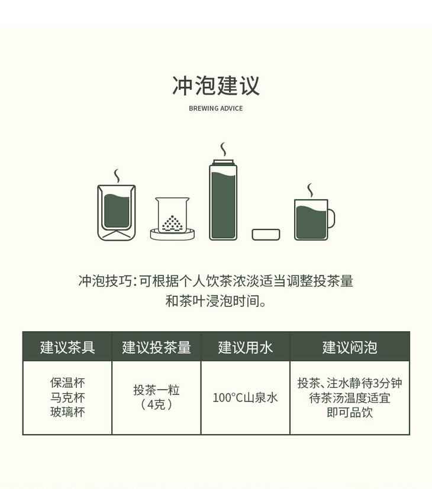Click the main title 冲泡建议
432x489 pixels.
tap(215, 86)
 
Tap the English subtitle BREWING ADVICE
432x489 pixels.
tap(215, 109)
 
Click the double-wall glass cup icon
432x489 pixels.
tap(117, 213)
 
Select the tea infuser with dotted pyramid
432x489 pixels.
tap(172, 219)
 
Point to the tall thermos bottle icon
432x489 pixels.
tap(223, 200)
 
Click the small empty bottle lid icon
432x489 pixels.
tap(266, 235)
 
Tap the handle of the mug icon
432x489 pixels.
tap(331, 219)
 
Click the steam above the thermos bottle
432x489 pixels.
tap(223, 150)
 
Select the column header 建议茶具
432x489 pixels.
tap(67, 347)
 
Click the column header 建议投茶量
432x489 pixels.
tap(156, 347)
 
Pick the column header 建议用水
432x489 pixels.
tap(246, 347)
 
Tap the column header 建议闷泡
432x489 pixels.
tap(350, 347)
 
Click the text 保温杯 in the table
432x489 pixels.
tap(67, 383)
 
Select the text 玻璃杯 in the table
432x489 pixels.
tap(67, 412)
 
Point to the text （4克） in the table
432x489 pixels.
tap(156, 404)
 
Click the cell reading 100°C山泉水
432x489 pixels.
tap(246, 397)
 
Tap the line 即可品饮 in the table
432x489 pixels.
tap(350, 412)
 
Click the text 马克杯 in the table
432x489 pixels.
tap(67, 397)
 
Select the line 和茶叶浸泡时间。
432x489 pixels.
tap(215, 301)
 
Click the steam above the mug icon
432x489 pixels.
tap(310, 190)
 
